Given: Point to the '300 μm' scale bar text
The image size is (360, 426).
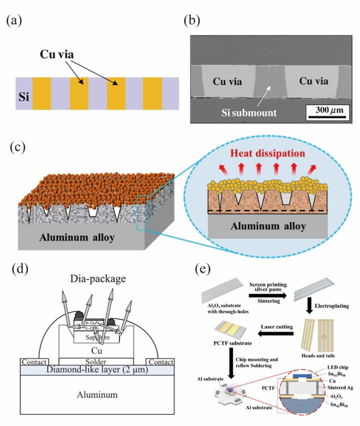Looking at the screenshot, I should click(x=323, y=110).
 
